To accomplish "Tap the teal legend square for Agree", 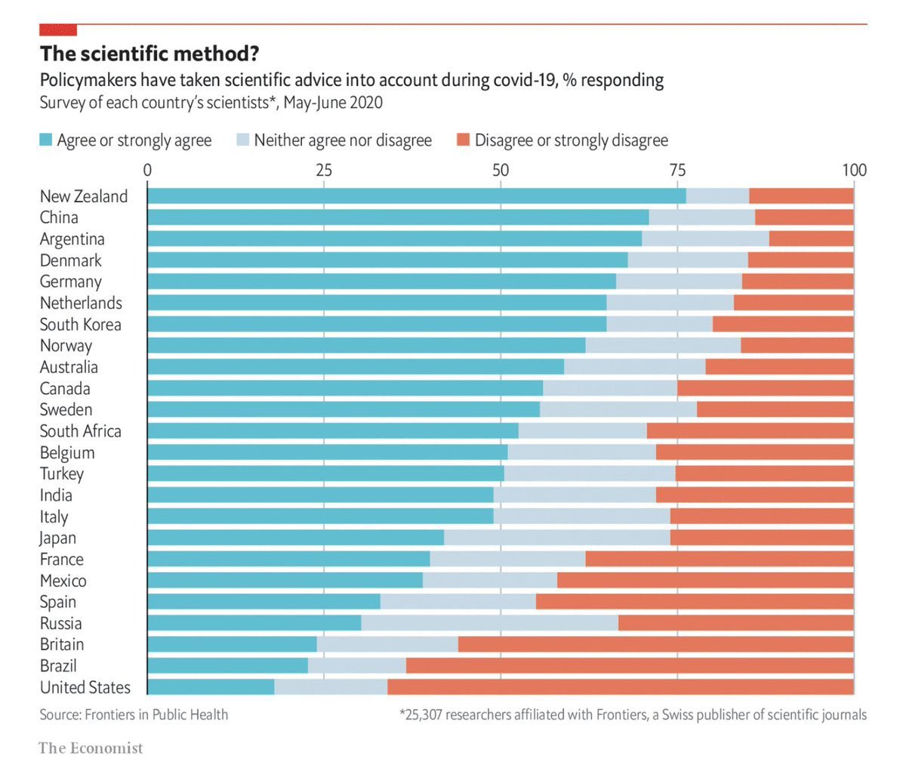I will tap(46, 140).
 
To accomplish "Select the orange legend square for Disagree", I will tap(463, 140).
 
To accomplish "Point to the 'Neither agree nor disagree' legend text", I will tap(343, 140).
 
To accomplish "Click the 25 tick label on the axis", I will tap(324, 170).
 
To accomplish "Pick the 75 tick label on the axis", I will tap(677, 170).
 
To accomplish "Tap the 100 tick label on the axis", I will tap(854, 170).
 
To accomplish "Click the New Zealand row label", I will tap(84, 196).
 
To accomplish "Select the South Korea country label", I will tap(80, 325).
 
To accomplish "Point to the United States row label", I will tap(85, 687).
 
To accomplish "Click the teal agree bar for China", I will tap(398, 217).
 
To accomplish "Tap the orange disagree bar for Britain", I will tap(655, 644).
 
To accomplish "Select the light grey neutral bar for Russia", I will tap(489, 623).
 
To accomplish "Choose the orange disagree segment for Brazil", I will tap(630, 665).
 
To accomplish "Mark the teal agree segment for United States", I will tap(211, 687).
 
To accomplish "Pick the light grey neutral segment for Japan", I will tap(556, 538).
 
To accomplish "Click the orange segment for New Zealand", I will tap(801, 196).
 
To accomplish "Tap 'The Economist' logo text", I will tap(91, 748).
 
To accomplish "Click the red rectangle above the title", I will tap(58, 29).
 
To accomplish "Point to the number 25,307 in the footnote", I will tap(423, 714).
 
